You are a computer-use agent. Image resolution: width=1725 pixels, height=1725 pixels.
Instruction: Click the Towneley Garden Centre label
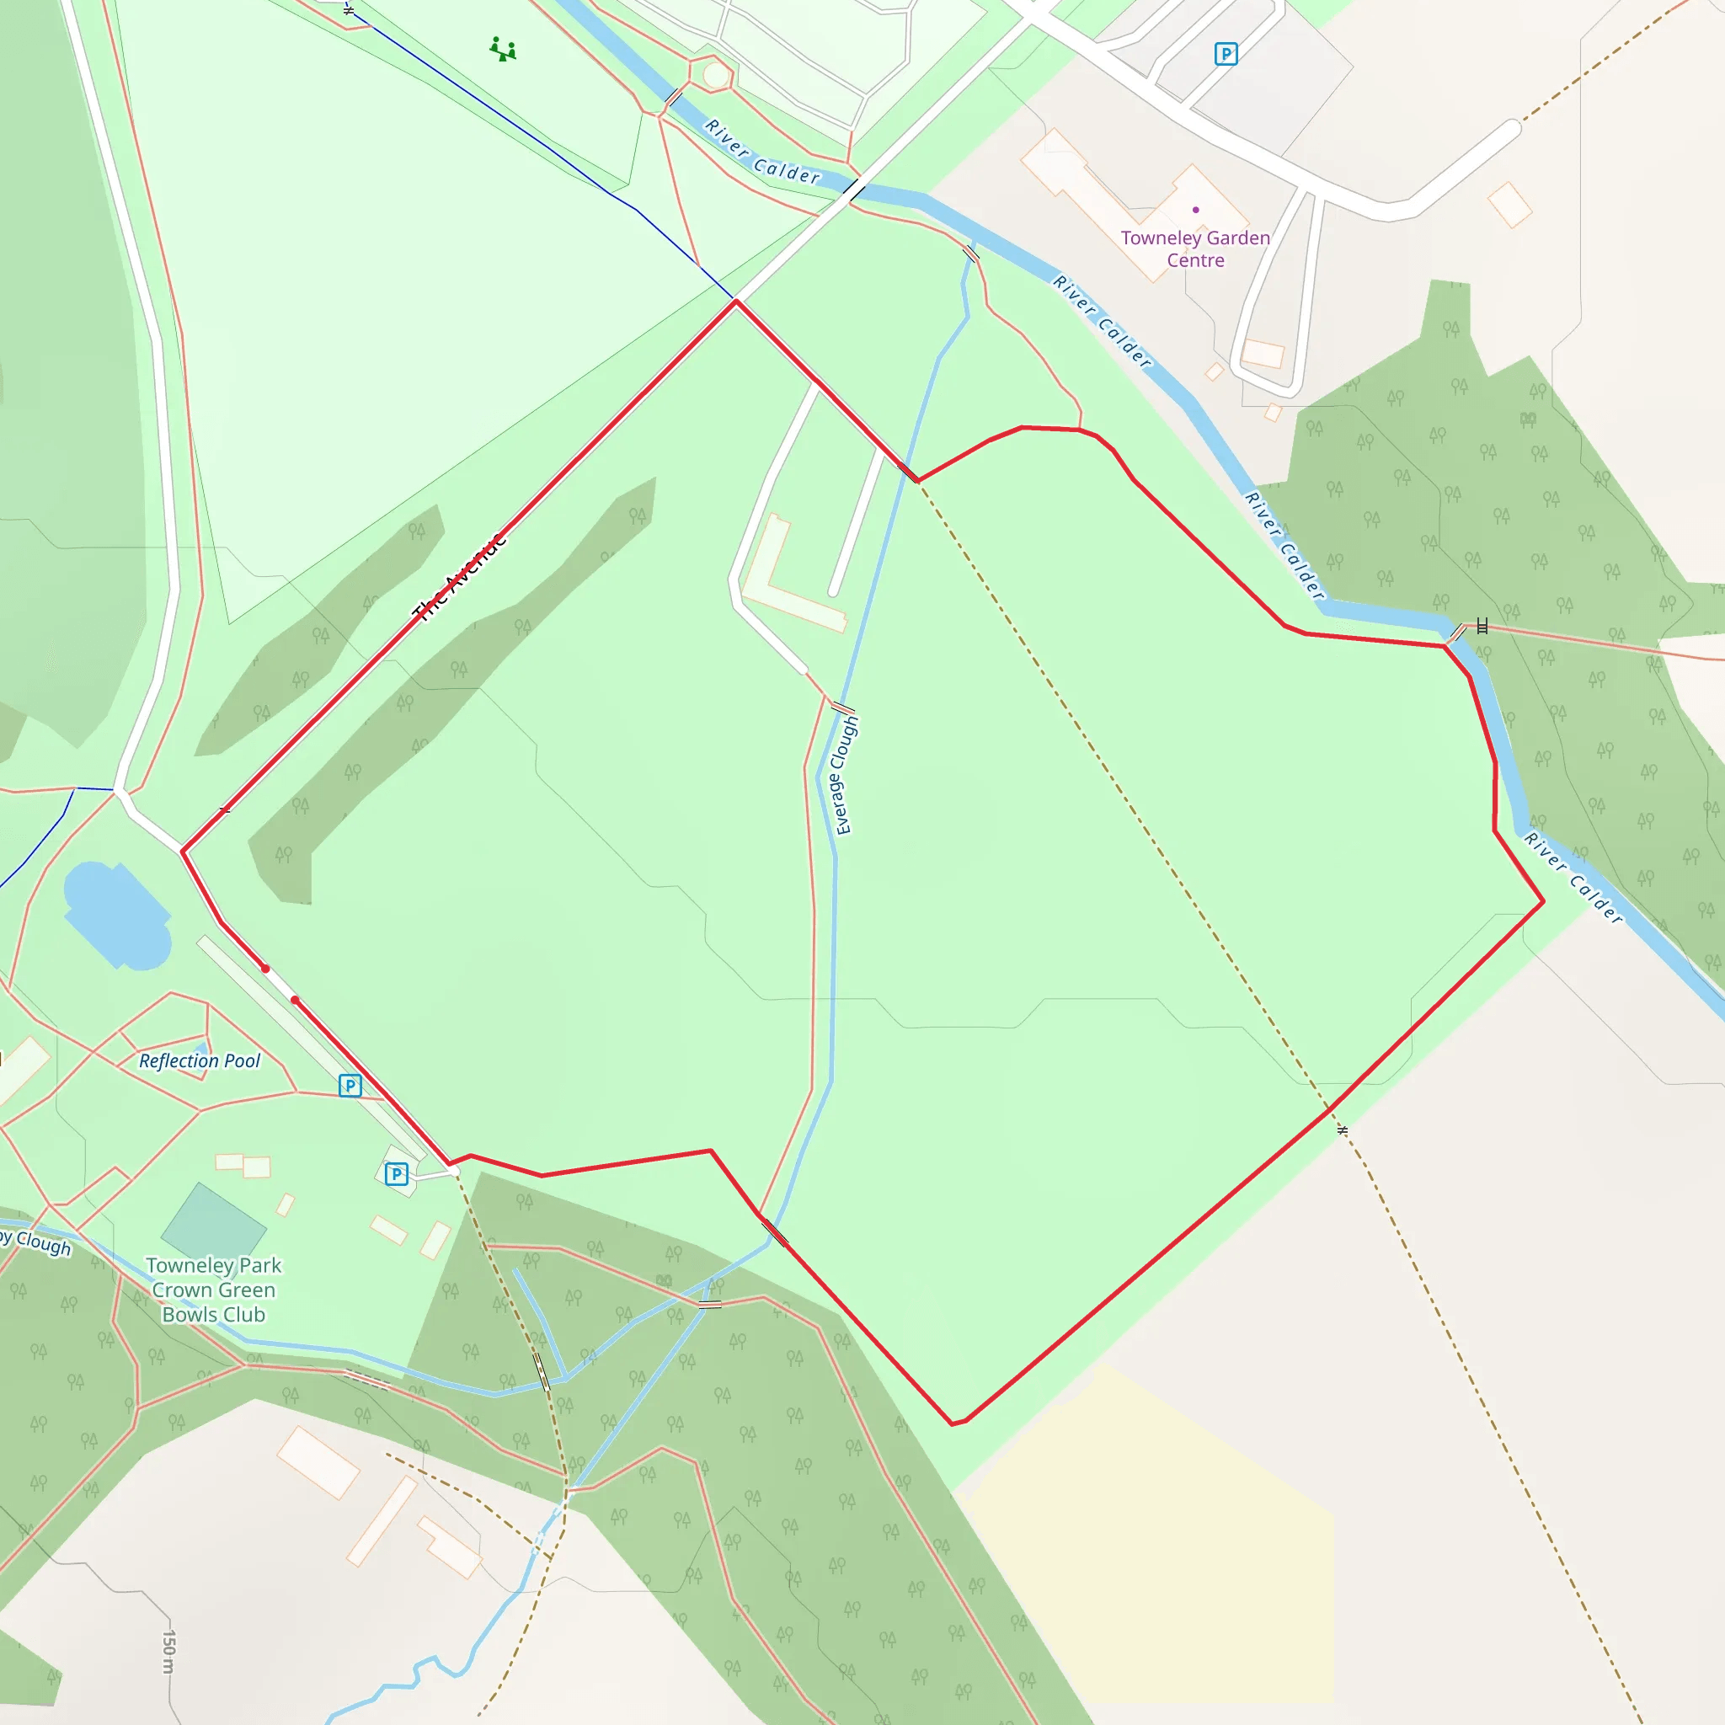tap(1194, 249)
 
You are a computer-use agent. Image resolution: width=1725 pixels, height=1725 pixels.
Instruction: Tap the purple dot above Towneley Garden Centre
tap(1195, 210)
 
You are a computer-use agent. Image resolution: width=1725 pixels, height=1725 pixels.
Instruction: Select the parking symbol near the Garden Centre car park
tap(1226, 55)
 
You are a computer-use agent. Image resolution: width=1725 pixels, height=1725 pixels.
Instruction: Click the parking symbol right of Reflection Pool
tap(350, 1086)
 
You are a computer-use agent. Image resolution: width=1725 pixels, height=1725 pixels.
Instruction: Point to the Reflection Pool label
tap(199, 1060)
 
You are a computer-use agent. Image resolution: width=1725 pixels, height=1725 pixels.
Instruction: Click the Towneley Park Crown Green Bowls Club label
tap(214, 1290)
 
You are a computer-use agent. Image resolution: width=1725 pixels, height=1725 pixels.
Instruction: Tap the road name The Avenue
tap(459, 577)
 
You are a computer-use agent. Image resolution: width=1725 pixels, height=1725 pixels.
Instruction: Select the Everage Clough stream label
tap(844, 775)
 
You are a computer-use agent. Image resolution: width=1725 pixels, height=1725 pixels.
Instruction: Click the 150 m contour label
tap(168, 1651)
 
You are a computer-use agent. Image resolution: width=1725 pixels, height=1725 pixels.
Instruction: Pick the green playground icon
tap(503, 49)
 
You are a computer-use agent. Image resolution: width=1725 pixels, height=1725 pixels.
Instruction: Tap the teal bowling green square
tap(213, 1224)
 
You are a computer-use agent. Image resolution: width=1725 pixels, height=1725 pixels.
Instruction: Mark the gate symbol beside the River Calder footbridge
tap(1482, 626)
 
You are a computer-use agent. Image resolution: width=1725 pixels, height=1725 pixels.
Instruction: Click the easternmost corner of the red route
tap(1544, 902)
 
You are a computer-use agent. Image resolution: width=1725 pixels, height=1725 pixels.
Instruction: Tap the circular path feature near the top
tap(715, 75)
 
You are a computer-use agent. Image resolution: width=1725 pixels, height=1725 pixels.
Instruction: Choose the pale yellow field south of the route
tap(1151, 1545)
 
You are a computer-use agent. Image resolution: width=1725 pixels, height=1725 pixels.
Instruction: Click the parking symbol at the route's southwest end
tap(397, 1173)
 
